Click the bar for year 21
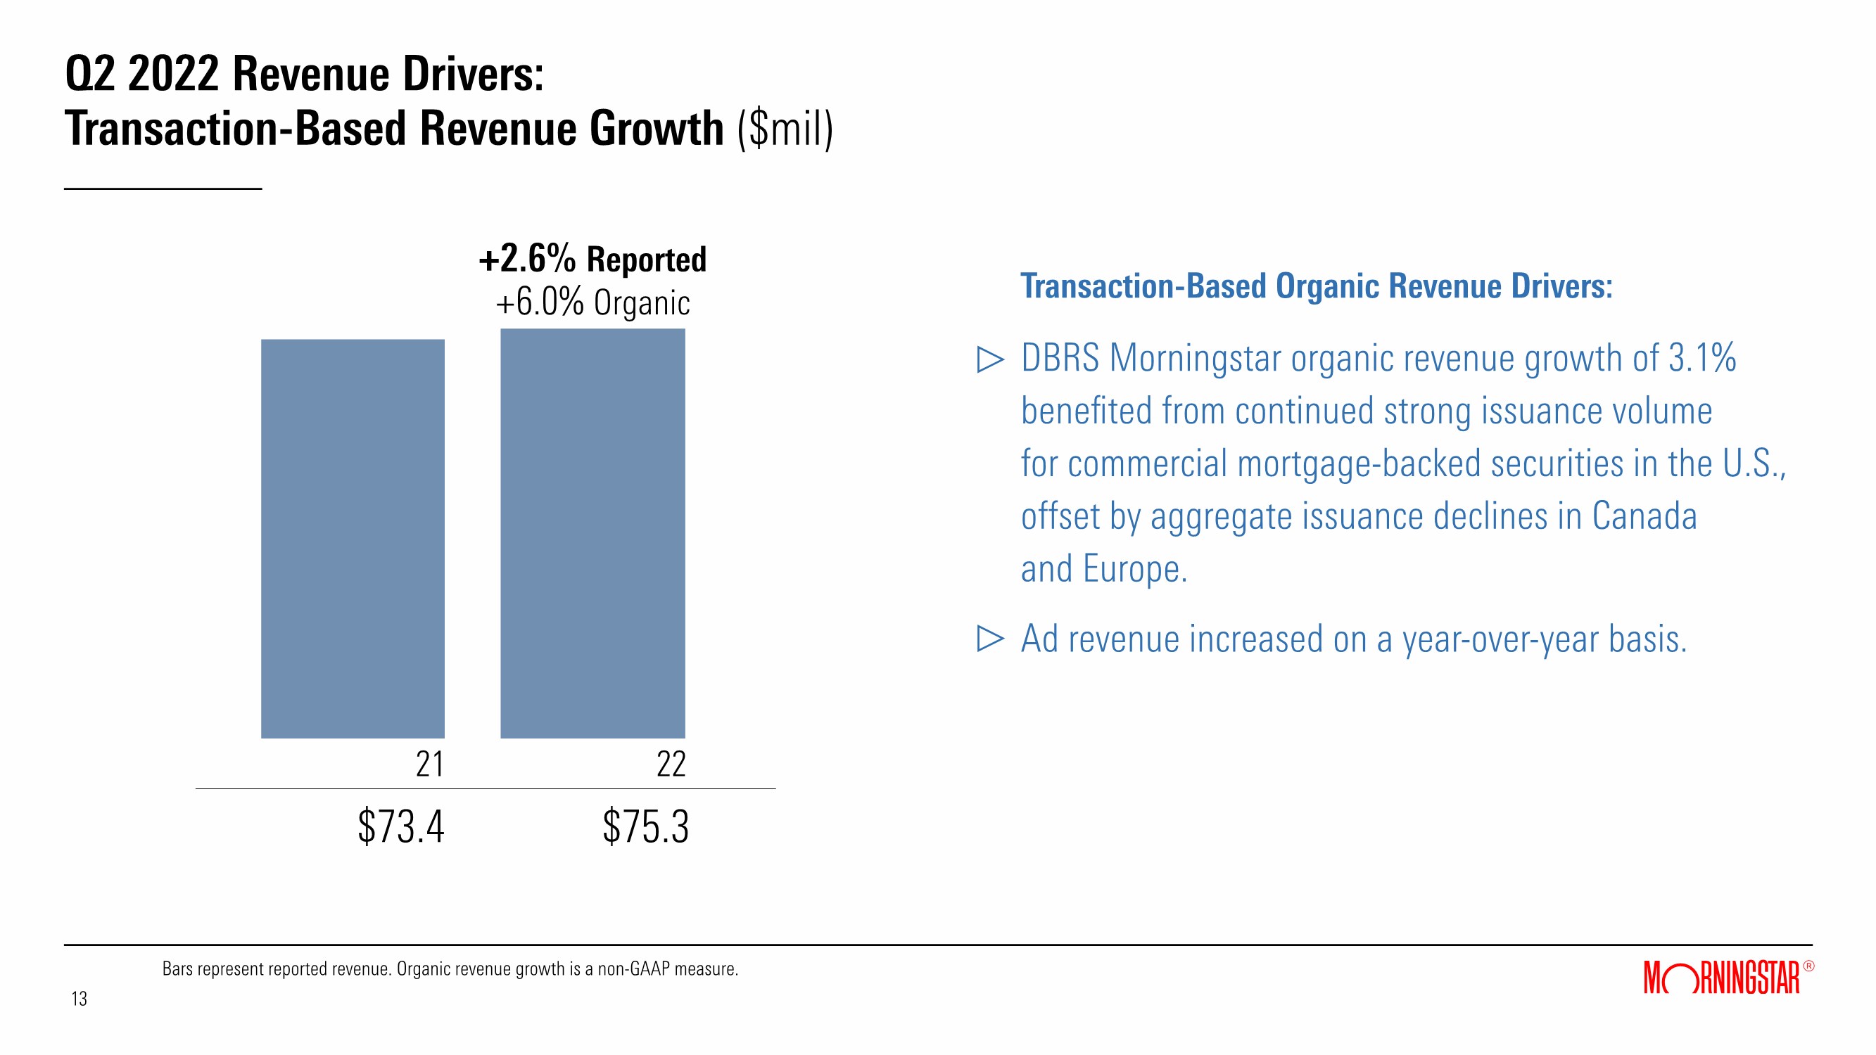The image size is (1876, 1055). coord(353,538)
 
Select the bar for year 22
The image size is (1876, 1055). coord(592,533)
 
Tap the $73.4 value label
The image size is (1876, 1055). coord(400,826)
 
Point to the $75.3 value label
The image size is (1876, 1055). coord(645,826)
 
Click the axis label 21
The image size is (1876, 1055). coord(430,764)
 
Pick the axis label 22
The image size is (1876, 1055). coord(671,764)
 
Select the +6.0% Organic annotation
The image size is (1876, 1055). coord(592,302)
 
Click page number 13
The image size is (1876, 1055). coord(79,998)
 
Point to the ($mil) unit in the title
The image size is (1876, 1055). coord(785,129)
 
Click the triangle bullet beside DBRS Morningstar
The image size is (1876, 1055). coord(989,359)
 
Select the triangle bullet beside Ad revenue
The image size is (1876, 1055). coord(989,639)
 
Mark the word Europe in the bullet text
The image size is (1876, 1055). coord(1134,568)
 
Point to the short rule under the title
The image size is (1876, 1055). coord(163,189)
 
